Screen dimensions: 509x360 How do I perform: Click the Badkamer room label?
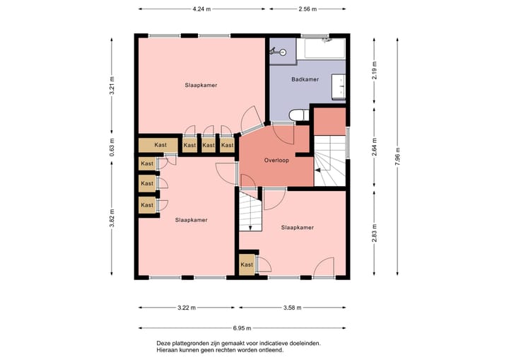[x=305, y=79]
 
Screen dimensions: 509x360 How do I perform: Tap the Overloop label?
[x=276, y=160]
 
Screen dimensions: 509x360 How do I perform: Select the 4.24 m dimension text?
[x=201, y=9]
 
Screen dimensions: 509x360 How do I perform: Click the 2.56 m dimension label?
[x=308, y=9]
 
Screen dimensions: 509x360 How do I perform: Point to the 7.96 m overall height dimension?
[x=397, y=156]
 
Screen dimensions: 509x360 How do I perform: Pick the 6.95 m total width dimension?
[x=242, y=328]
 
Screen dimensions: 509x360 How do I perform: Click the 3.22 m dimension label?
[x=187, y=308]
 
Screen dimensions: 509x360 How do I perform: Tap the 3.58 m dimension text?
[x=293, y=308]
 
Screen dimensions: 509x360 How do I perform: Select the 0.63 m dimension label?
[x=112, y=148]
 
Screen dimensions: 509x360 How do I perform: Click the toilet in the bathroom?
[x=299, y=115]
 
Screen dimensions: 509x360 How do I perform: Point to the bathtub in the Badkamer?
[x=321, y=49]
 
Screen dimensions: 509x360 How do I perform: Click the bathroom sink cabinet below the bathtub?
[x=338, y=86]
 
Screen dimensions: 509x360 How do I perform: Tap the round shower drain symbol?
[x=283, y=52]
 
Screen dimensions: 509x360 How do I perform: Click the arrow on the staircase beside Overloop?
[x=318, y=170]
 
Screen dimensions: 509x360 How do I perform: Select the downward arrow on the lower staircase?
[x=250, y=228]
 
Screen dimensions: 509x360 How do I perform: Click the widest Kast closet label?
[x=160, y=145]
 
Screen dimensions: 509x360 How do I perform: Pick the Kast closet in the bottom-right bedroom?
[x=247, y=265]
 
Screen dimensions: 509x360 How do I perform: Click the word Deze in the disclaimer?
[x=163, y=343]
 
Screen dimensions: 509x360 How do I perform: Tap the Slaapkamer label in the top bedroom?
[x=201, y=85]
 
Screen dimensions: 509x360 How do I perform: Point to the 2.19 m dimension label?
[x=374, y=70]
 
